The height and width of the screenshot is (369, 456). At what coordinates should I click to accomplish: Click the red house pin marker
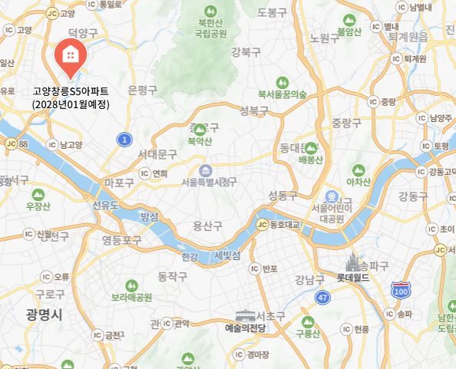(70, 56)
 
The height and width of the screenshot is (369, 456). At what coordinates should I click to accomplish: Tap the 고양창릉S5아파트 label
(71, 91)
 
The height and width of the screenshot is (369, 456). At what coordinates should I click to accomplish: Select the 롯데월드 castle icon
(353, 262)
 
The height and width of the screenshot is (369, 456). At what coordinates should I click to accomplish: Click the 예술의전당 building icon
(245, 315)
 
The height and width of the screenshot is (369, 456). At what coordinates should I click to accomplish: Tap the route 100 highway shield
(400, 289)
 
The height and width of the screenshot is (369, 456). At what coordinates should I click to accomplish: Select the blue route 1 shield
(124, 139)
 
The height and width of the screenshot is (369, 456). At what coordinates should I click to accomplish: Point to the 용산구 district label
(207, 226)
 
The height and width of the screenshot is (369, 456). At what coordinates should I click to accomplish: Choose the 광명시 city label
(42, 315)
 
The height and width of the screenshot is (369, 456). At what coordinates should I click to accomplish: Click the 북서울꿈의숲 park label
(283, 94)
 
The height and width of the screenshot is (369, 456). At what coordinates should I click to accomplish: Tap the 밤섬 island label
(149, 217)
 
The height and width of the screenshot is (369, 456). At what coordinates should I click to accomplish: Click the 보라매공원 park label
(132, 298)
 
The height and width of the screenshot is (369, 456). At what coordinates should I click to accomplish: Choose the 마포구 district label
(119, 183)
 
